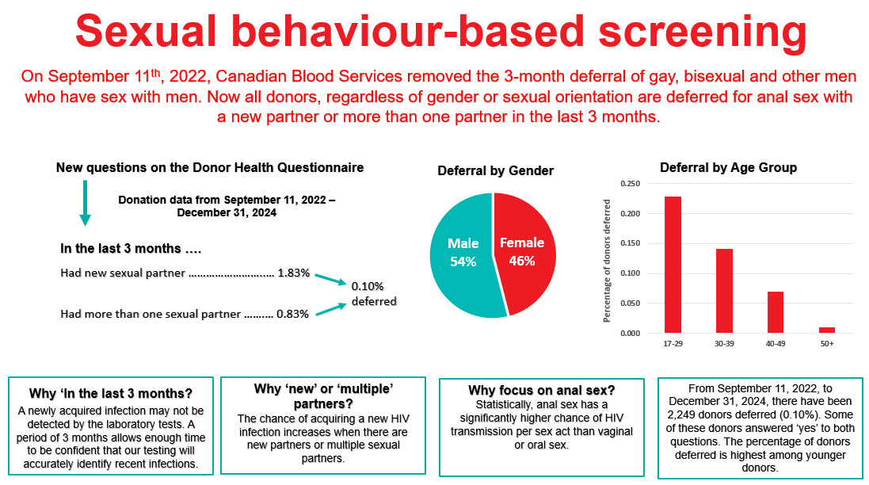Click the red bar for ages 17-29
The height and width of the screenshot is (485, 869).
(673, 265)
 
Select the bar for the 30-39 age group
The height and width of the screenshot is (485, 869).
(724, 291)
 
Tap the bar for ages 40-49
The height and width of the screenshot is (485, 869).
(775, 312)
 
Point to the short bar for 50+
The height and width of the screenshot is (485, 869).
(826, 330)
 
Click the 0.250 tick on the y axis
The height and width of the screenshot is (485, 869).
(630, 184)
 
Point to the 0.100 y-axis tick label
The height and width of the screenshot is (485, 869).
(630, 273)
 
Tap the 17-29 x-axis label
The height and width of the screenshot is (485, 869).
(673, 344)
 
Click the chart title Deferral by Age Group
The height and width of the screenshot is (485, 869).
(728, 168)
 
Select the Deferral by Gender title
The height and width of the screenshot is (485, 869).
(495, 171)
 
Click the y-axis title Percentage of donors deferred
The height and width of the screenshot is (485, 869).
(608, 259)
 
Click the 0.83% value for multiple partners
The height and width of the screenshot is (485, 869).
(292, 314)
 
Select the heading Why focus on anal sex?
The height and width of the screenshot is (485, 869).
(541, 390)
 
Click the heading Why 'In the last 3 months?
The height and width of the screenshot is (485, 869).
(110, 393)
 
